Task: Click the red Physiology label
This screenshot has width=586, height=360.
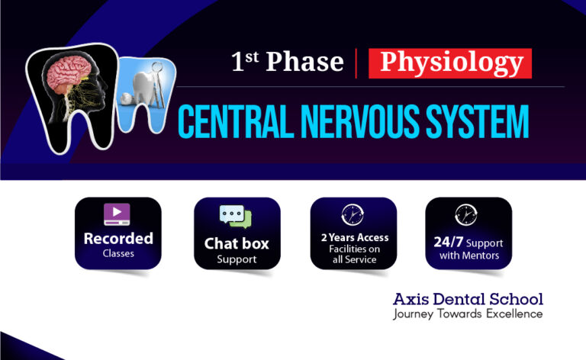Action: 449,63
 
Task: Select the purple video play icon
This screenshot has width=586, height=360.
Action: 118,214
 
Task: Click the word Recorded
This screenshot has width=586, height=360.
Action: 118,239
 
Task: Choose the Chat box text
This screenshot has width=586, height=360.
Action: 237,244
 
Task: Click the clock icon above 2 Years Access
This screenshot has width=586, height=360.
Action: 353,214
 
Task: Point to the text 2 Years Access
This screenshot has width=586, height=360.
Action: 354,238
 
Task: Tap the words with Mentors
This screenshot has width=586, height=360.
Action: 468,256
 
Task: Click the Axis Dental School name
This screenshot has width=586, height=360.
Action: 468,299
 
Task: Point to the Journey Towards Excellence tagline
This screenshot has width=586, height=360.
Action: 468,313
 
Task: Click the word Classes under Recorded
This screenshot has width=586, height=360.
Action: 118,253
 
